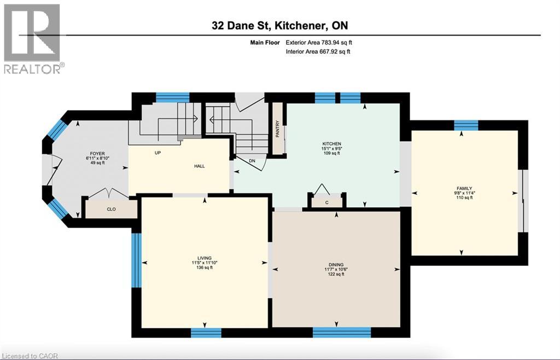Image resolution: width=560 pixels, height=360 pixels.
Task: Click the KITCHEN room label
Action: coord(331,144)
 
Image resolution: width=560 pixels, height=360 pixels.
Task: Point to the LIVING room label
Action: coord(205,258)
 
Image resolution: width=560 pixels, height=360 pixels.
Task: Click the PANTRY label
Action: coord(278,129)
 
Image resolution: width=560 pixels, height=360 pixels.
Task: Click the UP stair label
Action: coord(158,153)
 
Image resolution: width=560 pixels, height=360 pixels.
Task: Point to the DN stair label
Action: coord(252,161)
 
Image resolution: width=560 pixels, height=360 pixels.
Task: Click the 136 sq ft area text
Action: coord(205,269)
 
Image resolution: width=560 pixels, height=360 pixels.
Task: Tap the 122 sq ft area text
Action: coord(336,274)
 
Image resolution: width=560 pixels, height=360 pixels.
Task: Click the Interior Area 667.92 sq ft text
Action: coord(318,52)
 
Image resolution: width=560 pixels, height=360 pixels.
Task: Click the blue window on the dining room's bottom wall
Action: coord(342,332)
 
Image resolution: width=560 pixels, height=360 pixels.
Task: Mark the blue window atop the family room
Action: coord(466,125)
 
